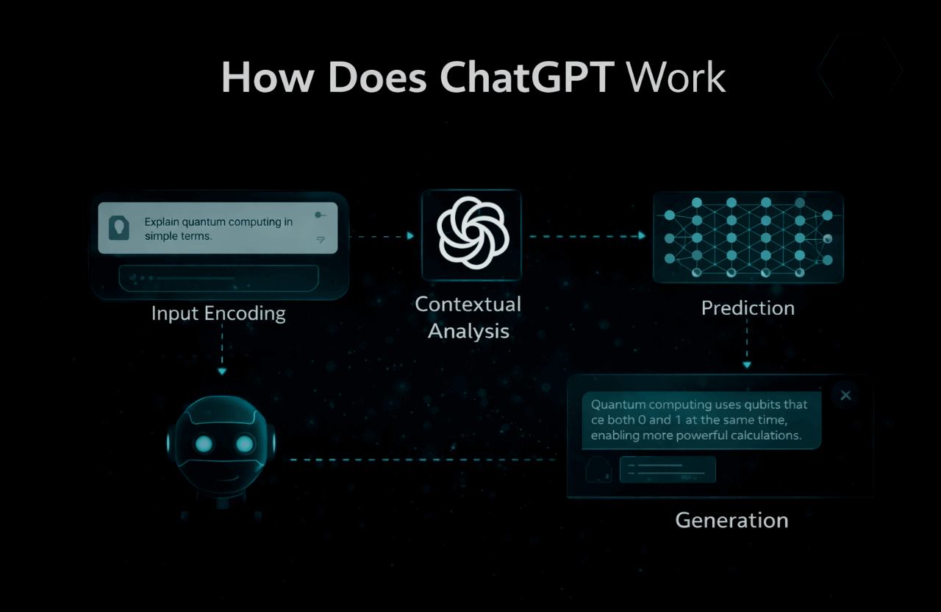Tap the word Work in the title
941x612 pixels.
(677, 77)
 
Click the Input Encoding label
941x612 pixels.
(218, 313)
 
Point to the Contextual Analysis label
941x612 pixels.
(468, 318)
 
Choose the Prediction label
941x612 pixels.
(748, 307)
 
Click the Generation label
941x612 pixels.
(731, 520)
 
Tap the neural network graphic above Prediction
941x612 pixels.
(748, 237)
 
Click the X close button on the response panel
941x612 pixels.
(845, 396)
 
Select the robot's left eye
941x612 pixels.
(204, 444)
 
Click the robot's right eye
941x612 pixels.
(244, 444)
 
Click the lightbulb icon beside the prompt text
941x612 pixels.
(118, 227)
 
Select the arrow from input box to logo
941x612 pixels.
(381, 236)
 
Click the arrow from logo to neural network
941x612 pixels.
(587, 236)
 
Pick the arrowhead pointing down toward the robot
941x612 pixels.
(222, 371)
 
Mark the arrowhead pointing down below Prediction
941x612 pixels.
(747, 364)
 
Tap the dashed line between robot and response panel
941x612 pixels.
(419, 460)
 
